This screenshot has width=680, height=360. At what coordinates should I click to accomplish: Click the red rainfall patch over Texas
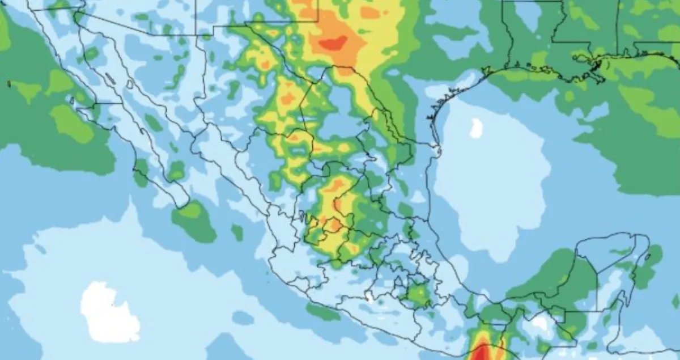tap(334, 43)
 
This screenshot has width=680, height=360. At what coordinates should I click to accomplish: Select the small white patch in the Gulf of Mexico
tap(476, 129)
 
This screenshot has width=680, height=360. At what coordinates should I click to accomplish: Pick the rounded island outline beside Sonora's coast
tap(130, 84)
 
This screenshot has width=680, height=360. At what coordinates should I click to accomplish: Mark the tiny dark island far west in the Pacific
tap(8, 84)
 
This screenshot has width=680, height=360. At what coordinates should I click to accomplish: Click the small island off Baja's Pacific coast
tap(72, 101)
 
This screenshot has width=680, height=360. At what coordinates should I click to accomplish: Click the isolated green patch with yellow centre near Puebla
tap(418, 294)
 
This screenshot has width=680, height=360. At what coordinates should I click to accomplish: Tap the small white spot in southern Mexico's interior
tap(369, 296)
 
